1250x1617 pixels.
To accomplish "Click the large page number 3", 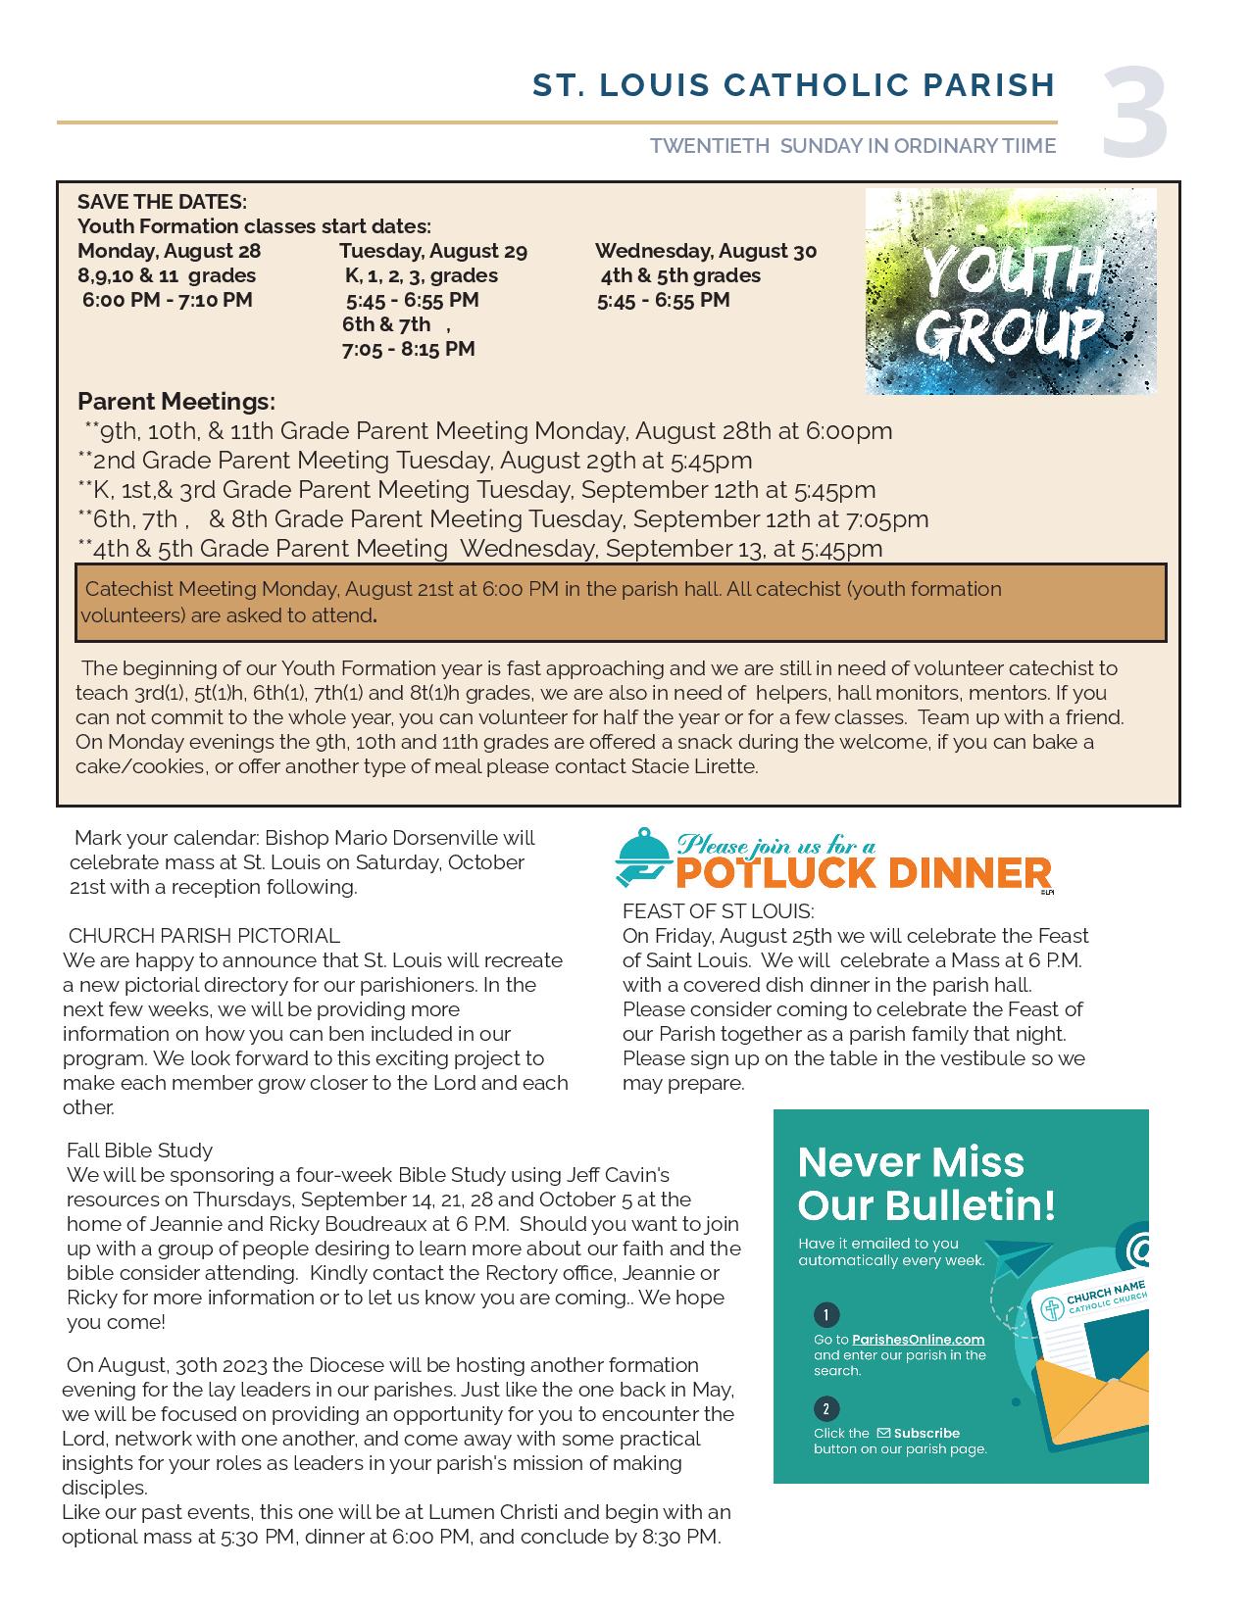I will coord(1134,113).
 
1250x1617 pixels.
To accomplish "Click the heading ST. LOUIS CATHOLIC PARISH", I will coord(793,85).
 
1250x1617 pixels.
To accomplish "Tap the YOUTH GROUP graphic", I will coord(1011,292).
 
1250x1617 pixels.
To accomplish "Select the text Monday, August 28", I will coord(170,251).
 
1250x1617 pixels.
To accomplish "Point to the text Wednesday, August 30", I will coord(706,251).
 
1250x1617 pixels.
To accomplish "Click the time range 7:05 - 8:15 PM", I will coord(408,349).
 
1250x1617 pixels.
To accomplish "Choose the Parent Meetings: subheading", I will coord(176,401).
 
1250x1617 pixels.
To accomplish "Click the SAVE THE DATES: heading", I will coord(162,202).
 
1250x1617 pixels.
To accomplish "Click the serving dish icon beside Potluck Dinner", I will coord(642,857).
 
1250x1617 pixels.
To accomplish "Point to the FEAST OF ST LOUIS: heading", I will coord(718,911).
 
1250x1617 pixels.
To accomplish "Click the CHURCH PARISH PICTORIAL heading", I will coord(204,936).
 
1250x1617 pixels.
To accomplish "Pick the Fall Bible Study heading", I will coord(139,1150).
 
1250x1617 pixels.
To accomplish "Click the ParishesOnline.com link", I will coord(918,1340).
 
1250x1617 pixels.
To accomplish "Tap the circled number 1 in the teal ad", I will coord(825,1315).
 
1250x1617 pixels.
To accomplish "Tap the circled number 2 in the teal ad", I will coord(825,1409).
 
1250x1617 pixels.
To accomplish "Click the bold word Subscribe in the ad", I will coord(926,1433).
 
